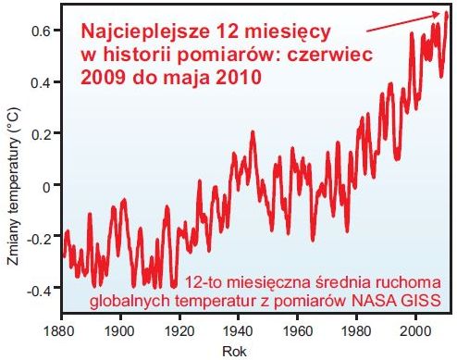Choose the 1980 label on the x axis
click(356, 330)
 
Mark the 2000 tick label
click(415, 330)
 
